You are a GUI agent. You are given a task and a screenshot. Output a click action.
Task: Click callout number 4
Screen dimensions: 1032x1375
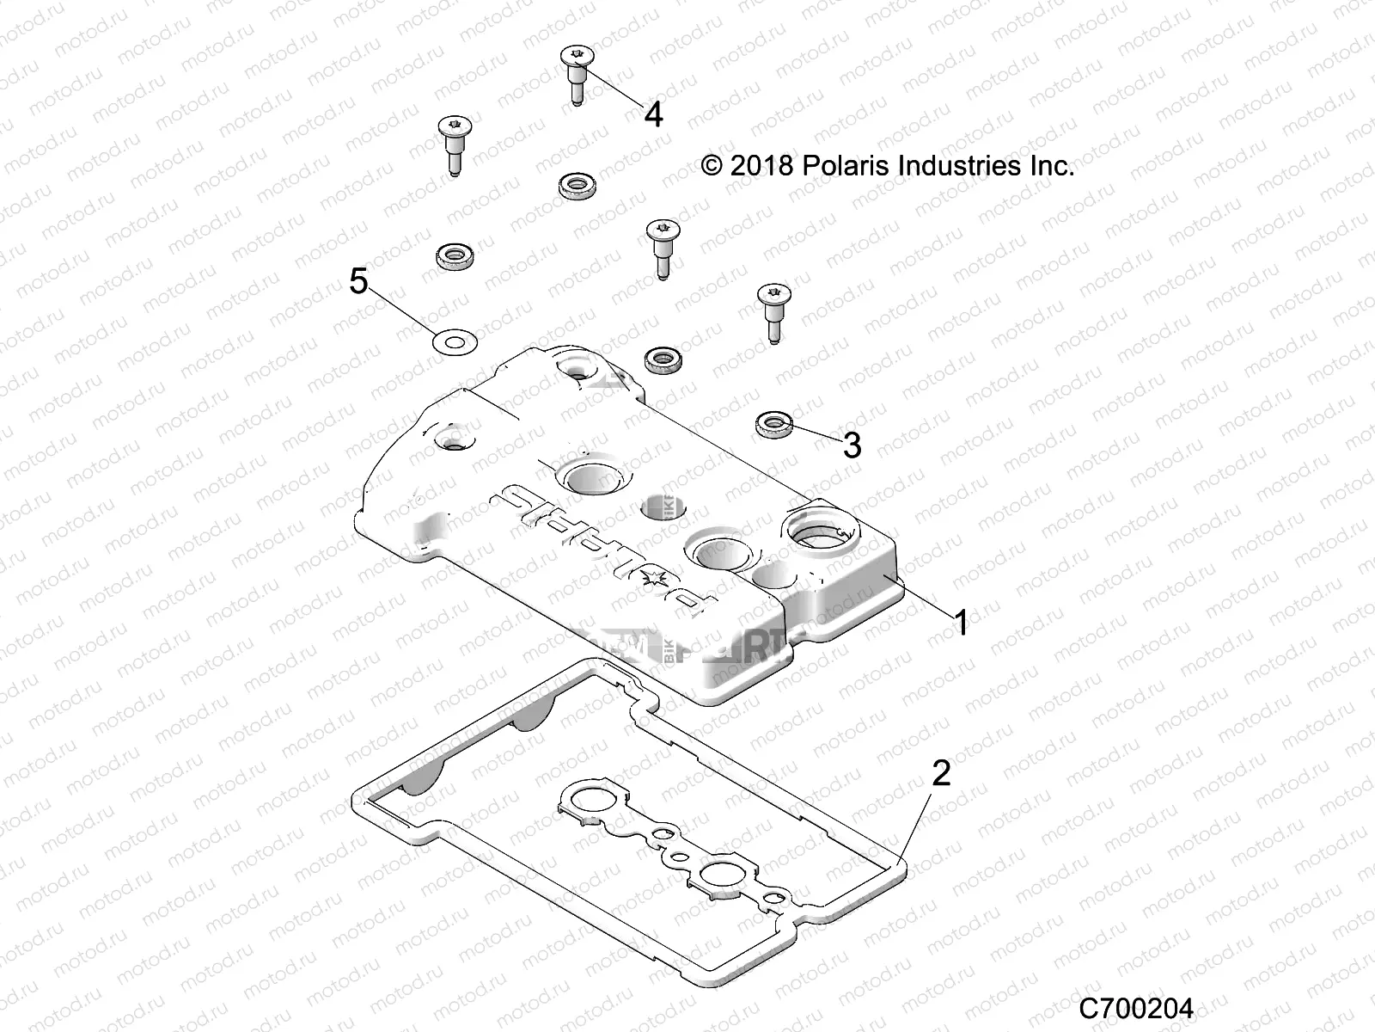tap(654, 114)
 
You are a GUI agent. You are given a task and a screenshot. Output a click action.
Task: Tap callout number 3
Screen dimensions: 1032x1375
tap(851, 445)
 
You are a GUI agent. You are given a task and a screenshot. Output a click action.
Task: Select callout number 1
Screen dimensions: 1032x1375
tap(962, 622)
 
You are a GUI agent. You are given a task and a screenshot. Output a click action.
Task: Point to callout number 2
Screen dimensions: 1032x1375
tap(942, 773)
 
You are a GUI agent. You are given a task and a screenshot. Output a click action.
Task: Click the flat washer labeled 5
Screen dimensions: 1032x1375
tap(453, 342)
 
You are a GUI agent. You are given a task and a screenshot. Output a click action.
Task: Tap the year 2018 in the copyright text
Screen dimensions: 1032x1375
tap(761, 165)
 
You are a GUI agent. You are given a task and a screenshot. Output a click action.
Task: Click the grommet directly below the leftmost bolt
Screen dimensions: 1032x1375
tap(452, 255)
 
